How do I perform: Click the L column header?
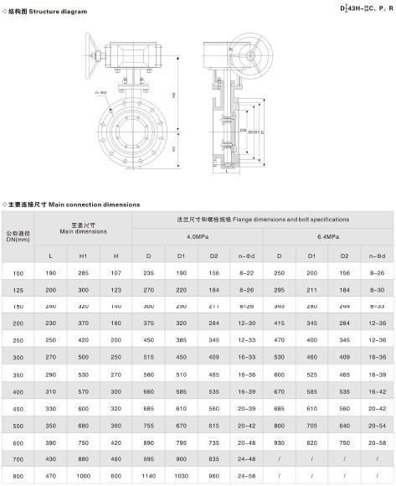tap(50, 254)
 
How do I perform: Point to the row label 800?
tap(18, 477)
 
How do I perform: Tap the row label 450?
tap(18, 408)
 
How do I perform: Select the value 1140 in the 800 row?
tap(150, 477)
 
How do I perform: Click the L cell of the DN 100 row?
tap(50, 272)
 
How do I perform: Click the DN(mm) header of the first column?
tap(18, 240)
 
